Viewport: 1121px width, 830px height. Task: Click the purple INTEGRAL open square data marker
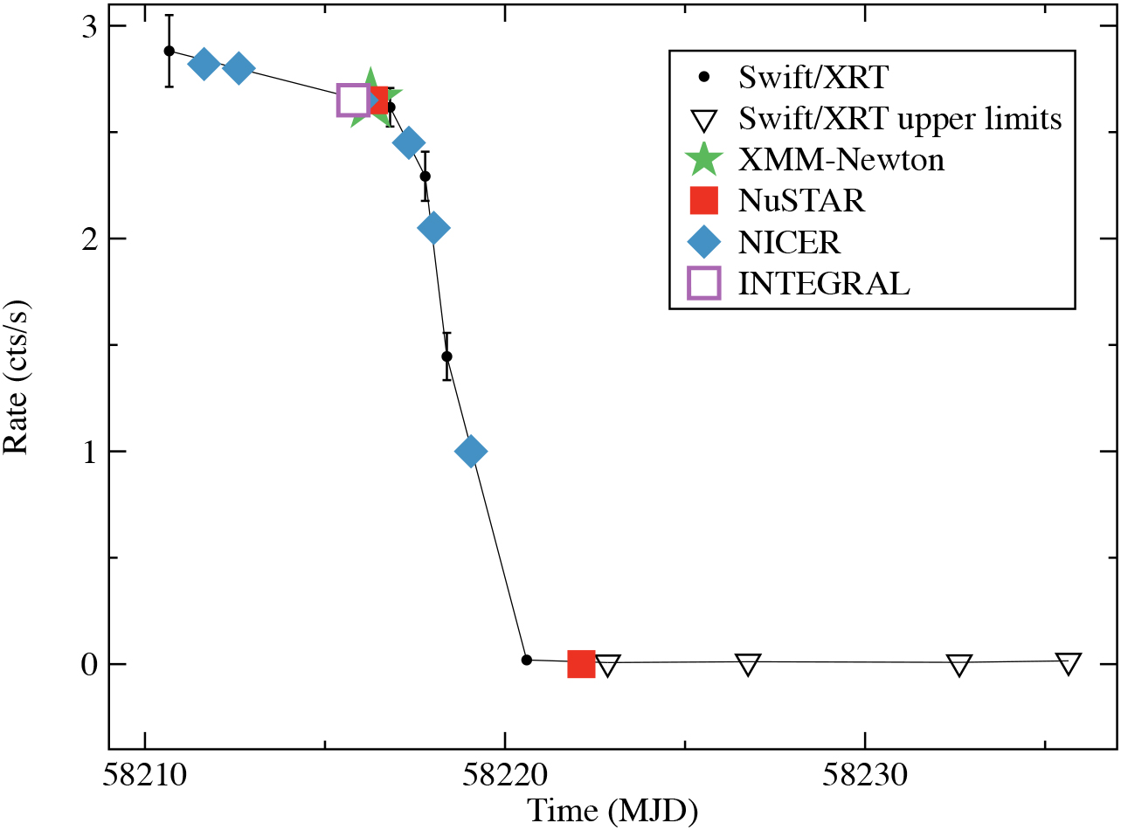tap(353, 100)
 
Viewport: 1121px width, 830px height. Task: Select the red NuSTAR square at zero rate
tap(581, 664)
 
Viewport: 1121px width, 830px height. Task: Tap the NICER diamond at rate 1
tap(471, 452)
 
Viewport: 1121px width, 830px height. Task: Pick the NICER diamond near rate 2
tap(433, 228)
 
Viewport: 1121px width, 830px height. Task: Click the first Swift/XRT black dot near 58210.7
tap(170, 51)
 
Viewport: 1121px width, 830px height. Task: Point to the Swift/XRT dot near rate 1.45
tap(446, 356)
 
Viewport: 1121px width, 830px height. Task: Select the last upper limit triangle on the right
tap(1068, 664)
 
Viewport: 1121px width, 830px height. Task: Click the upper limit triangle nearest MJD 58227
tap(748, 665)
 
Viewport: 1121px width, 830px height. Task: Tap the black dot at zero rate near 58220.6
tap(526, 660)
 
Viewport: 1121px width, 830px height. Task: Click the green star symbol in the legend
tap(703, 160)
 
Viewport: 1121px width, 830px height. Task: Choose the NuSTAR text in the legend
tap(801, 201)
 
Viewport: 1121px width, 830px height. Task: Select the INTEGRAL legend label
tap(824, 283)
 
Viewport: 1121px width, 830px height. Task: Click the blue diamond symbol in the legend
tap(703, 241)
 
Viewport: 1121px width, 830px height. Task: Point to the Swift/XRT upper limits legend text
tap(900, 118)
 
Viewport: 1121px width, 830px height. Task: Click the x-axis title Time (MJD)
tap(612, 812)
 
